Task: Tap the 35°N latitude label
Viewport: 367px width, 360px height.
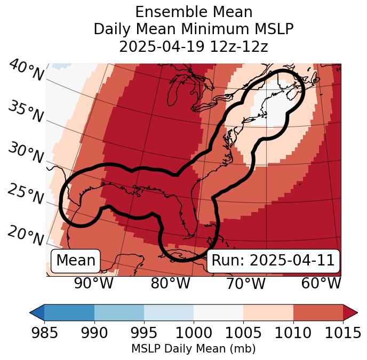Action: [26, 112]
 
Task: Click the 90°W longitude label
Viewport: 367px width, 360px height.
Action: [94, 284]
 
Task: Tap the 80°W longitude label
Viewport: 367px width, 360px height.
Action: [170, 284]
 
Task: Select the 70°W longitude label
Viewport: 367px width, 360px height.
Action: [246, 284]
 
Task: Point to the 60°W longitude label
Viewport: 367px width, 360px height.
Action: [321, 284]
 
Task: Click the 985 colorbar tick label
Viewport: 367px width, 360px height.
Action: [44, 333]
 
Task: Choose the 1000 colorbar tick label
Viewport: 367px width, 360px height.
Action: [194, 333]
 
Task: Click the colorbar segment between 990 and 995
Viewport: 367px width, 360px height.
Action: [119, 312]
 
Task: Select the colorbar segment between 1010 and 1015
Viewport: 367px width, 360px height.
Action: [318, 312]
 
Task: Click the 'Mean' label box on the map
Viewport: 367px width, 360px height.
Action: [76, 261]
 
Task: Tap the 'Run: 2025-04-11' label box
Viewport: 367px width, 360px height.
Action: [273, 261]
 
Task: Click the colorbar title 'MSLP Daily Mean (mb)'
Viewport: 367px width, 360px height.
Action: [193, 349]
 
